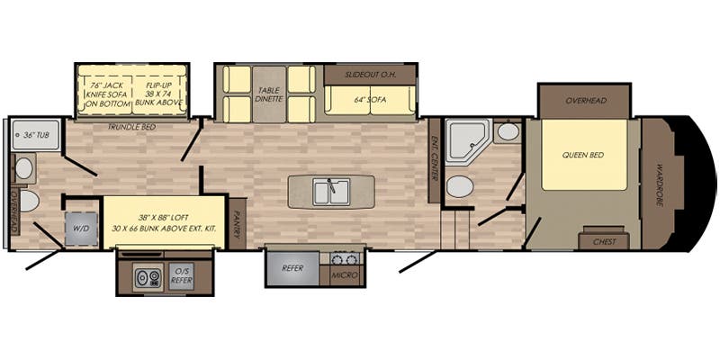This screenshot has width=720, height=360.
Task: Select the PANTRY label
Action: click(x=237, y=221)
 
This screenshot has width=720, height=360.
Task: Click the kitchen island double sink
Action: click(x=330, y=192)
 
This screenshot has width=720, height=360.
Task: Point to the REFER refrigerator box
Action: click(x=292, y=268)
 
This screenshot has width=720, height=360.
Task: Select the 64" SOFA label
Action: click(x=369, y=99)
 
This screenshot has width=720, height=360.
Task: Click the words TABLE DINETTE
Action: click(x=270, y=94)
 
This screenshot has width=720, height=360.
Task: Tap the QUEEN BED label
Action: click(x=582, y=155)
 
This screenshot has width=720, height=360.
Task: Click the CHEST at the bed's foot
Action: click(x=605, y=240)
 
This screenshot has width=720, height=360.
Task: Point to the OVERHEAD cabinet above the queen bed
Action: click(x=582, y=101)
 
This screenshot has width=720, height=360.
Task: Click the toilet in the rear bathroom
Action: click(x=29, y=200)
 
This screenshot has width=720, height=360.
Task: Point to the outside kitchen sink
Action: click(x=143, y=278)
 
